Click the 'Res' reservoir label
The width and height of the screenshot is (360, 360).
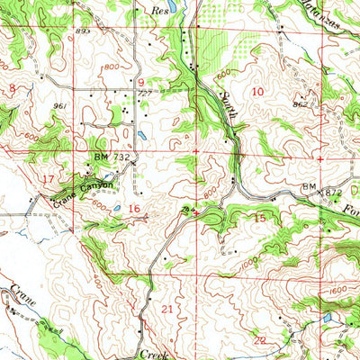(x=161, y=14)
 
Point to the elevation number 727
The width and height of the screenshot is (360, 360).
(x=142, y=94)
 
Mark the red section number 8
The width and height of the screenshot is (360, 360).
(x=13, y=87)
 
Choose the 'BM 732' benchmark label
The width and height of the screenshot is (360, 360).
(x=104, y=156)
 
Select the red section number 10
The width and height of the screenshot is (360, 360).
(x=258, y=91)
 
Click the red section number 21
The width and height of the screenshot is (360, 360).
(x=165, y=309)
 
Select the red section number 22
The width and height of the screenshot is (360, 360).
(x=259, y=339)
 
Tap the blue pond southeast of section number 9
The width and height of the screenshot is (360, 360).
(x=143, y=138)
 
